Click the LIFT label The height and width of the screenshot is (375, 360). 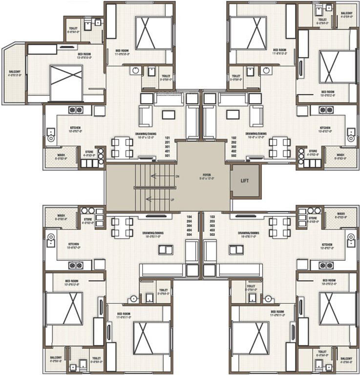[x=244, y=180]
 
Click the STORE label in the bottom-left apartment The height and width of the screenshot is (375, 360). [x=87, y=219]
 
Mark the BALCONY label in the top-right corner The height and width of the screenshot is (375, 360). [x=346, y=13]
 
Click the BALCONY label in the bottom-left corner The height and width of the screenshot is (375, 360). [x=55, y=358]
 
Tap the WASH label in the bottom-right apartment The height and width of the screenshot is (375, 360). [x=340, y=213]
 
